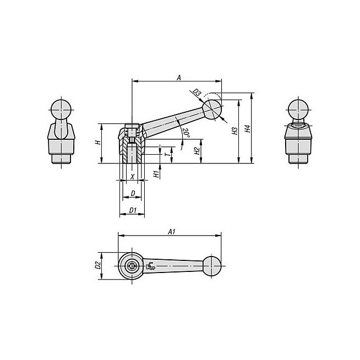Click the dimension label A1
tap(172, 232)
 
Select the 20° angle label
tap(186, 133)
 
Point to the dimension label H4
tap(247, 129)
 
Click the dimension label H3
tap(234, 131)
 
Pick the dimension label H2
tap(197, 151)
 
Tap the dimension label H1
tap(156, 174)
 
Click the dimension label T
tap(168, 154)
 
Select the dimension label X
tap(132, 177)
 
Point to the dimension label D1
tap(133, 210)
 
